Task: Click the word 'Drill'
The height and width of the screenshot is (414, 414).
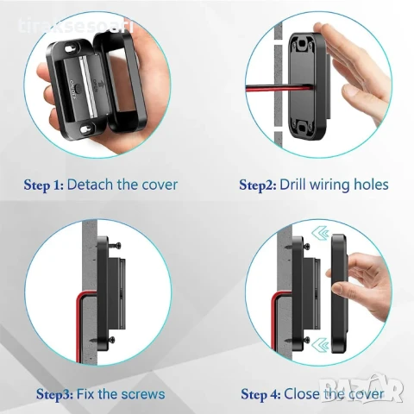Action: pos(302,184)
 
